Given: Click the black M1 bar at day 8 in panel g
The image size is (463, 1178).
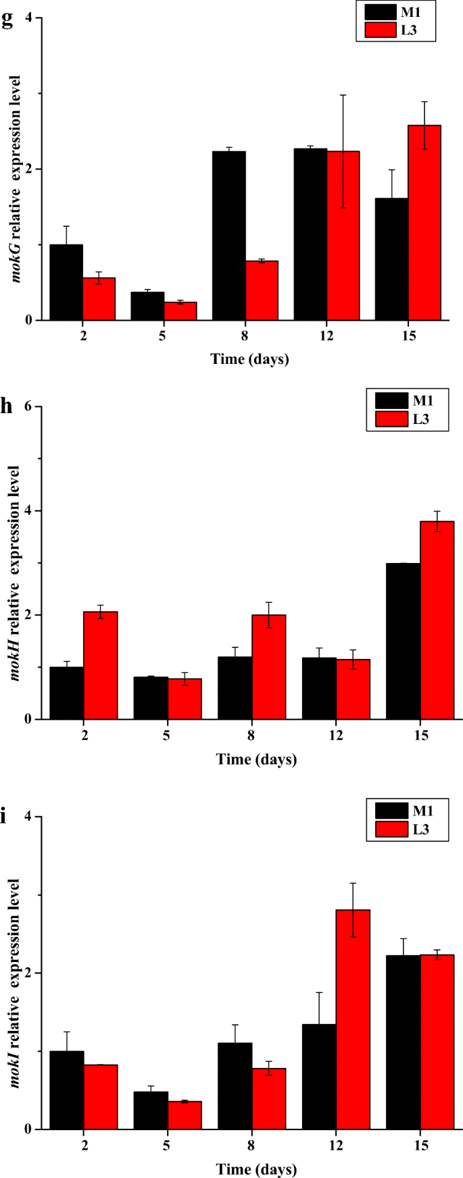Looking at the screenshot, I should [x=228, y=236].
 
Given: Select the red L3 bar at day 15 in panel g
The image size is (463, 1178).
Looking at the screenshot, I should [x=424, y=222].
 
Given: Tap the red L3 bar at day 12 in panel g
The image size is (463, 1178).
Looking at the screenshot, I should [x=343, y=236].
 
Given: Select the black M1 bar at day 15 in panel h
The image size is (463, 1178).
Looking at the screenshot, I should [x=403, y=641].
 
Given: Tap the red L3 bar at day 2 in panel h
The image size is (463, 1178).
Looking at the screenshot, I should [x=101, y=665].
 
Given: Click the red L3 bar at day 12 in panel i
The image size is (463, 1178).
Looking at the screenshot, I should [x=353, y=1019].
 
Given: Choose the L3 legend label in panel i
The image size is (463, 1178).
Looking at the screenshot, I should [x=421, y=829].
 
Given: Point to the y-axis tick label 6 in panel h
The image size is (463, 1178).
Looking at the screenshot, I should [x=29, y=407].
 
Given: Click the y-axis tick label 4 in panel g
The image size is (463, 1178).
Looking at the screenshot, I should [x=29, y=18].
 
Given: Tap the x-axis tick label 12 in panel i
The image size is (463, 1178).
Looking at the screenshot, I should [x=336, y=1146].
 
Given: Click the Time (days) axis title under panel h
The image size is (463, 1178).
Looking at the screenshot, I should [x=256, y=759].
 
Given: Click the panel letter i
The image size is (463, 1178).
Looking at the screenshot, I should [x=4, y=818].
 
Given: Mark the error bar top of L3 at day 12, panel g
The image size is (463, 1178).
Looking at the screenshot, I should [x=343, y=95].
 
